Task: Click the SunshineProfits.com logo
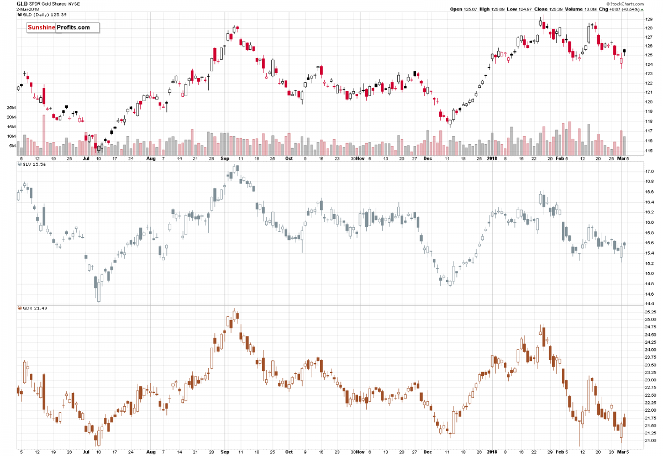coord(62,27)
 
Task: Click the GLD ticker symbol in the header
coord(22,3)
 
